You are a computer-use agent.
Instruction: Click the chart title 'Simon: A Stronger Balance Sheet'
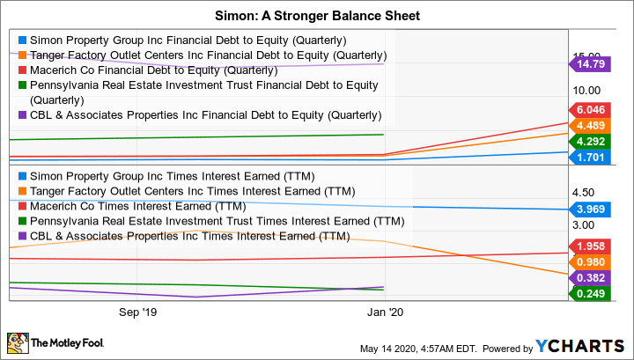[316, 14]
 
